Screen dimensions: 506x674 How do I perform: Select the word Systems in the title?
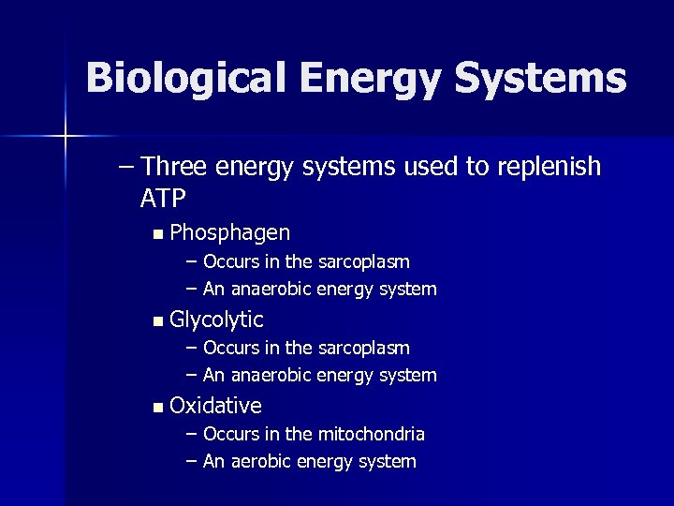point(541,79)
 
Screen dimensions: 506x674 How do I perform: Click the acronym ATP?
point(163,198)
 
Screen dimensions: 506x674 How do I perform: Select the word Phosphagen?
point(230,232)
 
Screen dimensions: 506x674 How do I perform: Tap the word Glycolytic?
point(217,320)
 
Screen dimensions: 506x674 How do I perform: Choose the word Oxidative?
point(216,406)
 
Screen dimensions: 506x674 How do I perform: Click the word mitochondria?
point(371,434)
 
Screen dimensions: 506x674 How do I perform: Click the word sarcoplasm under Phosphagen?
point(363,261)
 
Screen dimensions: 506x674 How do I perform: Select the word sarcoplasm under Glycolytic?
point(363,348)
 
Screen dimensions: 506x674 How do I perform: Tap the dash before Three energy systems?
point(127,167)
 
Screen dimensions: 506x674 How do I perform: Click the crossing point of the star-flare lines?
point(66,137)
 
